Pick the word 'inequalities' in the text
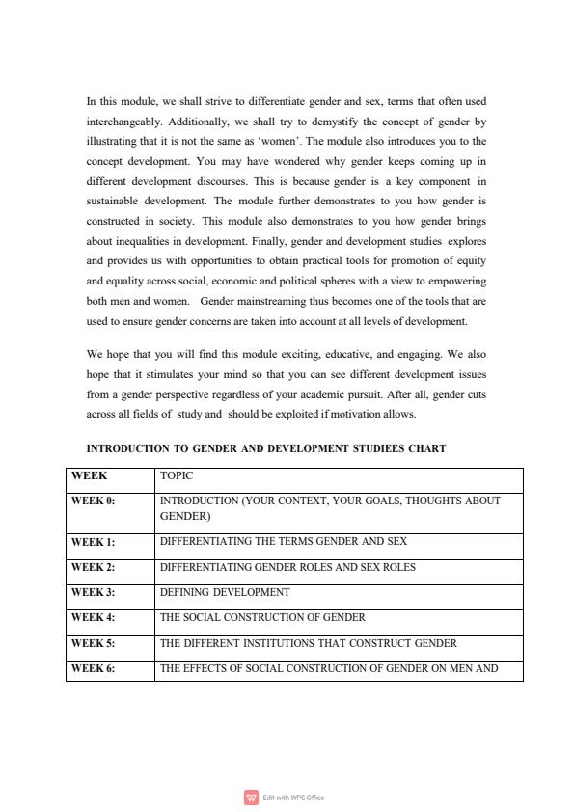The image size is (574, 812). (x=152, y=241)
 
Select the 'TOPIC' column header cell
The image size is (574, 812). (x=177, y=476)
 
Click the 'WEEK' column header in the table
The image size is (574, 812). (x=89, y=476)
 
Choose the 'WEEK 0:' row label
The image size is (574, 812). (x=93, y=501)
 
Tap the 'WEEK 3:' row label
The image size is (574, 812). (x=93, y=592)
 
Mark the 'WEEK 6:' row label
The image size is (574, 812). (x=93, y=667)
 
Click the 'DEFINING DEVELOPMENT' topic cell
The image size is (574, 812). (x=225, y=592)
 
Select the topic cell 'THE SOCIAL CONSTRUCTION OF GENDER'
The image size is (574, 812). (x=262, y=617)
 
